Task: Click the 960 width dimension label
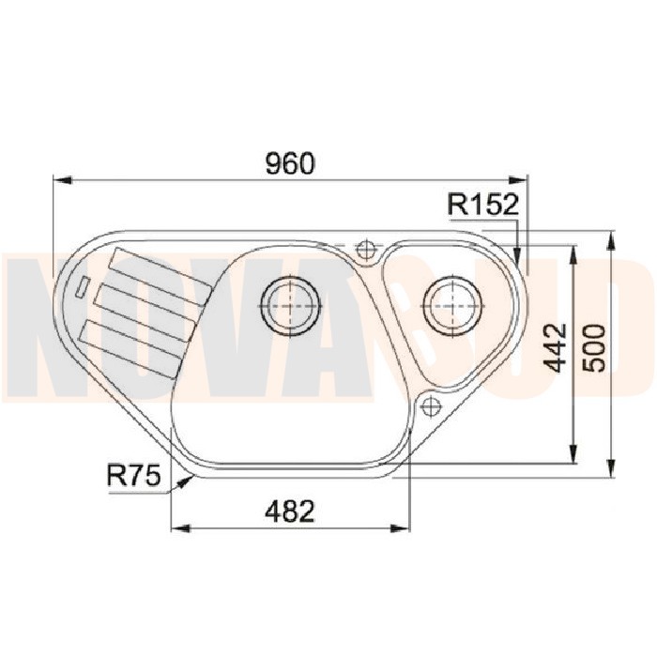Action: pyautogui.click(x=290, y=163)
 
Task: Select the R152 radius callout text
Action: pyautogui.click(x=483, y=205)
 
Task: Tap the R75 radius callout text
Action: pyautogui.click(x=133, y=476)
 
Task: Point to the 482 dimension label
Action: pyautogui.click(x=289, y=512)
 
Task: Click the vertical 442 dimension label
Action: pyautogui.click(x=557, y=348)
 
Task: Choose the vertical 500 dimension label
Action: pyautogui.click(x=594, y=348)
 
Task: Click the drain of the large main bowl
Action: pyautogui.click(x=291, y=306)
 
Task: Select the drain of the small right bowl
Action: pyautogui.click(x=453, y=306)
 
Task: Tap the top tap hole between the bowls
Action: pyautogui.click(x=365, y=251)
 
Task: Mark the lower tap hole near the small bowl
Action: pyautogui.click(x=430, y=405)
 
